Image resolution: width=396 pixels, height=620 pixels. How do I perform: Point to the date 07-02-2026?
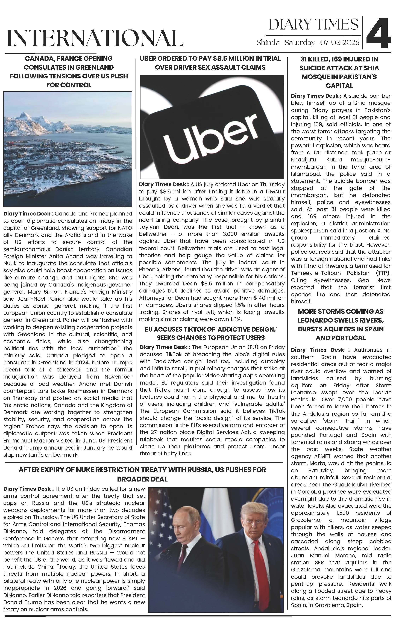point(340,43)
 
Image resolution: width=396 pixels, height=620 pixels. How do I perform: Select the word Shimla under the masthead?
point(268,43)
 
